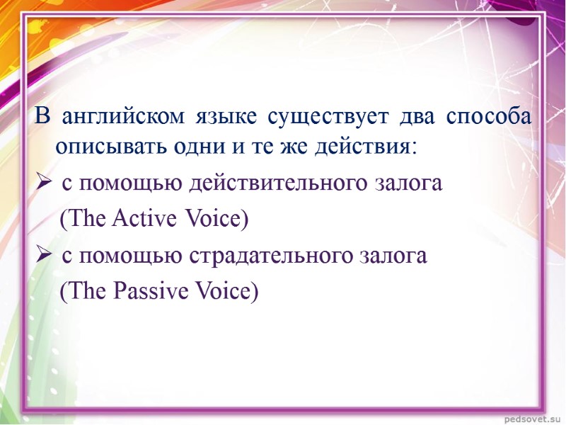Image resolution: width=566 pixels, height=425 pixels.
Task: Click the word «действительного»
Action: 277,183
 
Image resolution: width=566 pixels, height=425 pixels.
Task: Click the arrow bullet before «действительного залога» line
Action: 43,183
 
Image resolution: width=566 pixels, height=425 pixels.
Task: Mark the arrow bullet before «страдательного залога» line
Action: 43,255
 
